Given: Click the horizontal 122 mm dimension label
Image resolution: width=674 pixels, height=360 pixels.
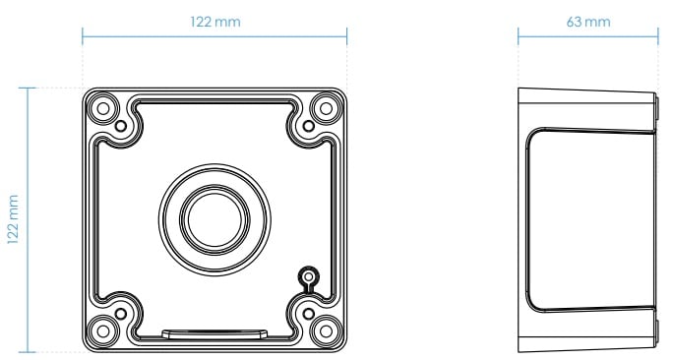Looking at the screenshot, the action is (215, 22).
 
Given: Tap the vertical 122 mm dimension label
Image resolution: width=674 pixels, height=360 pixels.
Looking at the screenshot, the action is (14, 219).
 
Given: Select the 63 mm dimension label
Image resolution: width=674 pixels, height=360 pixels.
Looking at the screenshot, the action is (588, 22).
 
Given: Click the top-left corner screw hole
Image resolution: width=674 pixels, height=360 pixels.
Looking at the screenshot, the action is (102, 108).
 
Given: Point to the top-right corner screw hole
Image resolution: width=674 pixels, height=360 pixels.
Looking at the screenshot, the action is (326, 108).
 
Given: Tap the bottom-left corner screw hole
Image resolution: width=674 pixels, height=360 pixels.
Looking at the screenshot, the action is (102, 331).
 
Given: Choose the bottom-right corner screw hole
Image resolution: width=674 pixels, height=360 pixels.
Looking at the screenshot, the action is (326, 331).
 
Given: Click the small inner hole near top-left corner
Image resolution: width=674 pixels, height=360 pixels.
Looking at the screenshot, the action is (121, 126).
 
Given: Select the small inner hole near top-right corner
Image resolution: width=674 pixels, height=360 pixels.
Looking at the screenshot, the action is (308, 126).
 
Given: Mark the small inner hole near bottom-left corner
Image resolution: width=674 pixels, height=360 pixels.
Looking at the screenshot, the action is (121, 314).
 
